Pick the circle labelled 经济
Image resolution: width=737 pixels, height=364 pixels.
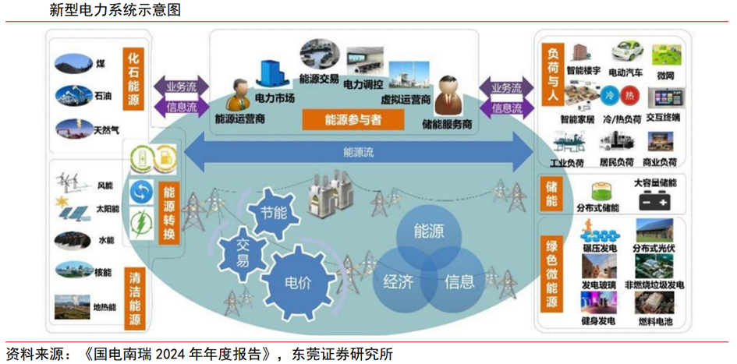point(397,282)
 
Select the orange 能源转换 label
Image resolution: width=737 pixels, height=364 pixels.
point(169,213)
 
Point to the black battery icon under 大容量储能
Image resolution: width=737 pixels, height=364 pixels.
point(654,201)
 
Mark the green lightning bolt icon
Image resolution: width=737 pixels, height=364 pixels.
point(143,219)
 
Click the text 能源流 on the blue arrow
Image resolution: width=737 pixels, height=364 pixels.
point(358,153)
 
